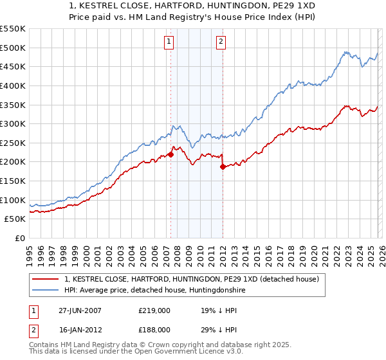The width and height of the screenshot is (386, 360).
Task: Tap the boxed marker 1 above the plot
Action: coord(169,42)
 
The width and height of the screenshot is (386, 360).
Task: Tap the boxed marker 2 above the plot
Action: coord(221,42)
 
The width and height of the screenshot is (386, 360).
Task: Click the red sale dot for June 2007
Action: coord(171,154)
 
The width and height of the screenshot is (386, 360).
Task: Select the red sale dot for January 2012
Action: coord(223,166)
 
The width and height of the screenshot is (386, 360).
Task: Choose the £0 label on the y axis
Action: coord(19,239)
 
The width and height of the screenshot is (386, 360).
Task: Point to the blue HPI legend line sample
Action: coord(46,291)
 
